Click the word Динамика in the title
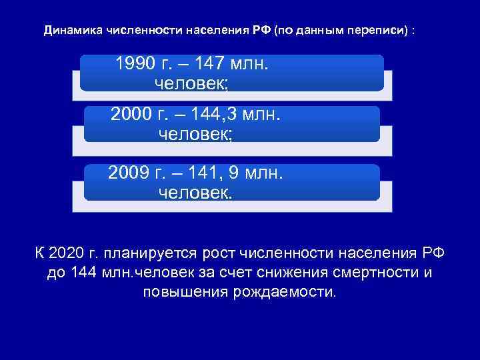coord(69,31)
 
